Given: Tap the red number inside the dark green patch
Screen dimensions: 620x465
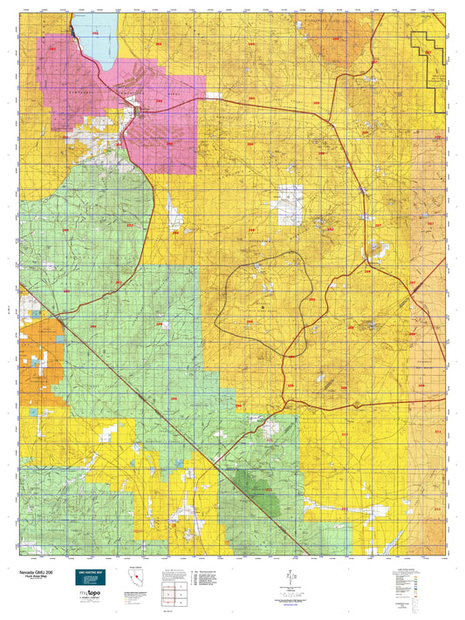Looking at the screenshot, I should [x=269, y=490].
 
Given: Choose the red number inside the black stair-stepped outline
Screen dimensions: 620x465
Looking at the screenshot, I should [x=427, y=53].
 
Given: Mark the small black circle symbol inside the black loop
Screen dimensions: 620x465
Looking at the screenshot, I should [x=262, y=296].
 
